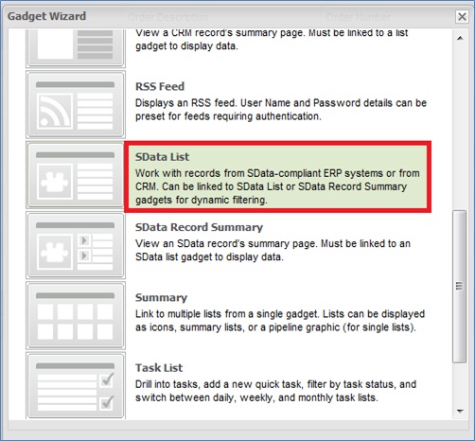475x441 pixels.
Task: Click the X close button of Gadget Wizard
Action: (462, 16)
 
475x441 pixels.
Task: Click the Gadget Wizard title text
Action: (46, 16)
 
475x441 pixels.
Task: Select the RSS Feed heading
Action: (160, 86)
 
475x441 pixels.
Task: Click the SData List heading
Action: (162, 157)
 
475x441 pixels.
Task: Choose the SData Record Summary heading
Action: (199, 227)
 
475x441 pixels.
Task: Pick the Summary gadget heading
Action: (161, 297)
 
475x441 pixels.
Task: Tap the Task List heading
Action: (159, 368)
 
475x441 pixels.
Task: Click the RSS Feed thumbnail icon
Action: (76, 104)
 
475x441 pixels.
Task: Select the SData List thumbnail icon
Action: (76, 175)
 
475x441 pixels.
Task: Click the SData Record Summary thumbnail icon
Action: (76, 245)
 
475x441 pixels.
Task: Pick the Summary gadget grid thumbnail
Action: (76, 315)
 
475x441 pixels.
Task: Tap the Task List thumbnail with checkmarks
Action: (76, 385)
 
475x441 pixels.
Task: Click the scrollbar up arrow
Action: (460, 38)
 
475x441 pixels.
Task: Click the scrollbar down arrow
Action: (460, 411)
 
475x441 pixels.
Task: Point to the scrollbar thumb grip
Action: (460, 286)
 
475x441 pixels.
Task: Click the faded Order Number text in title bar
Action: (359, 17)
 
